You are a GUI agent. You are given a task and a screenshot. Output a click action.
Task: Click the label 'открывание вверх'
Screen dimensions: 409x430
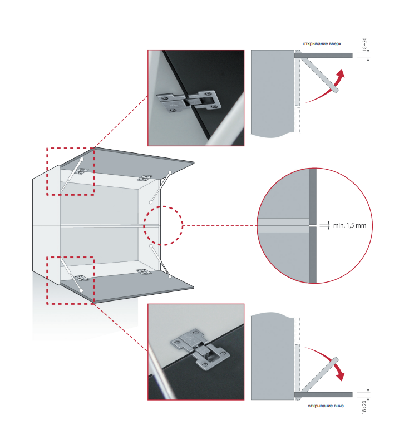point(322,43)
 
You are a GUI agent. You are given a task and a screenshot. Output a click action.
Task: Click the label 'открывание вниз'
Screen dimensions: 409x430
point(326,406)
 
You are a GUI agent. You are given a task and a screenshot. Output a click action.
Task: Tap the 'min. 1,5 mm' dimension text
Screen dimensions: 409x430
point(350,225)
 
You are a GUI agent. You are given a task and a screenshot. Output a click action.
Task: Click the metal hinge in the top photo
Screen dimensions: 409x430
point(189,102)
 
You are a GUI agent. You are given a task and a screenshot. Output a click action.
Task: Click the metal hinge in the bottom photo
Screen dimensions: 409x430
point(200,348)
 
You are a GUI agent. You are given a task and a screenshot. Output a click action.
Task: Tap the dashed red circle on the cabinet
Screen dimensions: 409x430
point(144,225)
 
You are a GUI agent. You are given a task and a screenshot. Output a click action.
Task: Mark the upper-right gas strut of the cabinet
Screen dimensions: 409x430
point(160,187)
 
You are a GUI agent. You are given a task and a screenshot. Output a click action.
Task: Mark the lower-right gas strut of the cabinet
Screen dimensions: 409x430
point(160,261)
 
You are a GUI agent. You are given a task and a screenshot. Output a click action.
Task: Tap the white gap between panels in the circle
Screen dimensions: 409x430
point(313,225)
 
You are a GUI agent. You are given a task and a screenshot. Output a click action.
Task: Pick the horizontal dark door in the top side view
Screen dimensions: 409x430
point(323,56)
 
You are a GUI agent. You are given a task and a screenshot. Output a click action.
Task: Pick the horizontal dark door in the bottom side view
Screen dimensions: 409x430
point(323,395)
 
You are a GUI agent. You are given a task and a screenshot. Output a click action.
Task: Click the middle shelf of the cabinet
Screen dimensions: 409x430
point(110,226)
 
